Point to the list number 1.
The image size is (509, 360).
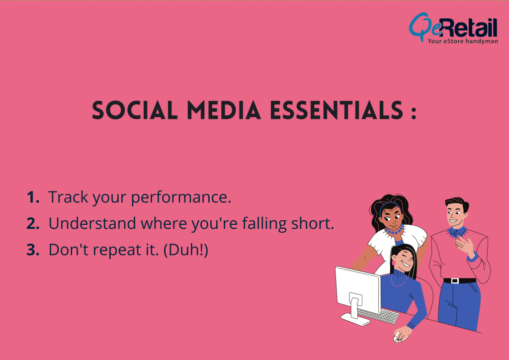(x=33, y=197)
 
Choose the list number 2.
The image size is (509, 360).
(x=33, y=224)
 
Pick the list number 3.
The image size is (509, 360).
(x=33, y=250)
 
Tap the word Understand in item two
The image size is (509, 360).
(x=85, y=224)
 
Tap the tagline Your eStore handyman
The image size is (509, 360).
(x=462, y=41)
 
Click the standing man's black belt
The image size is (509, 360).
(x=459, y=280)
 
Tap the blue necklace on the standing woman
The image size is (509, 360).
(x=394, y=230)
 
